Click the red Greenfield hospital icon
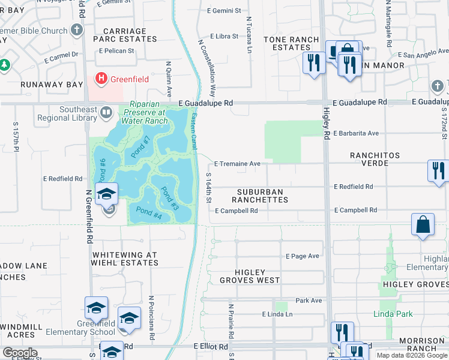(101, 79)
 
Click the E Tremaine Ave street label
(237, 163)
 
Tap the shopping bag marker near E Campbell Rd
(423, 225)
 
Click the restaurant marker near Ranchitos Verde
(438, 170)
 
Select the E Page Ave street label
(303, 256)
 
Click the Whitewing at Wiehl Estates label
(124, 259)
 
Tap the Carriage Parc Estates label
(125, 35)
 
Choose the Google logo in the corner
(20, 352)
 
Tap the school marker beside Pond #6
(106, 194)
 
